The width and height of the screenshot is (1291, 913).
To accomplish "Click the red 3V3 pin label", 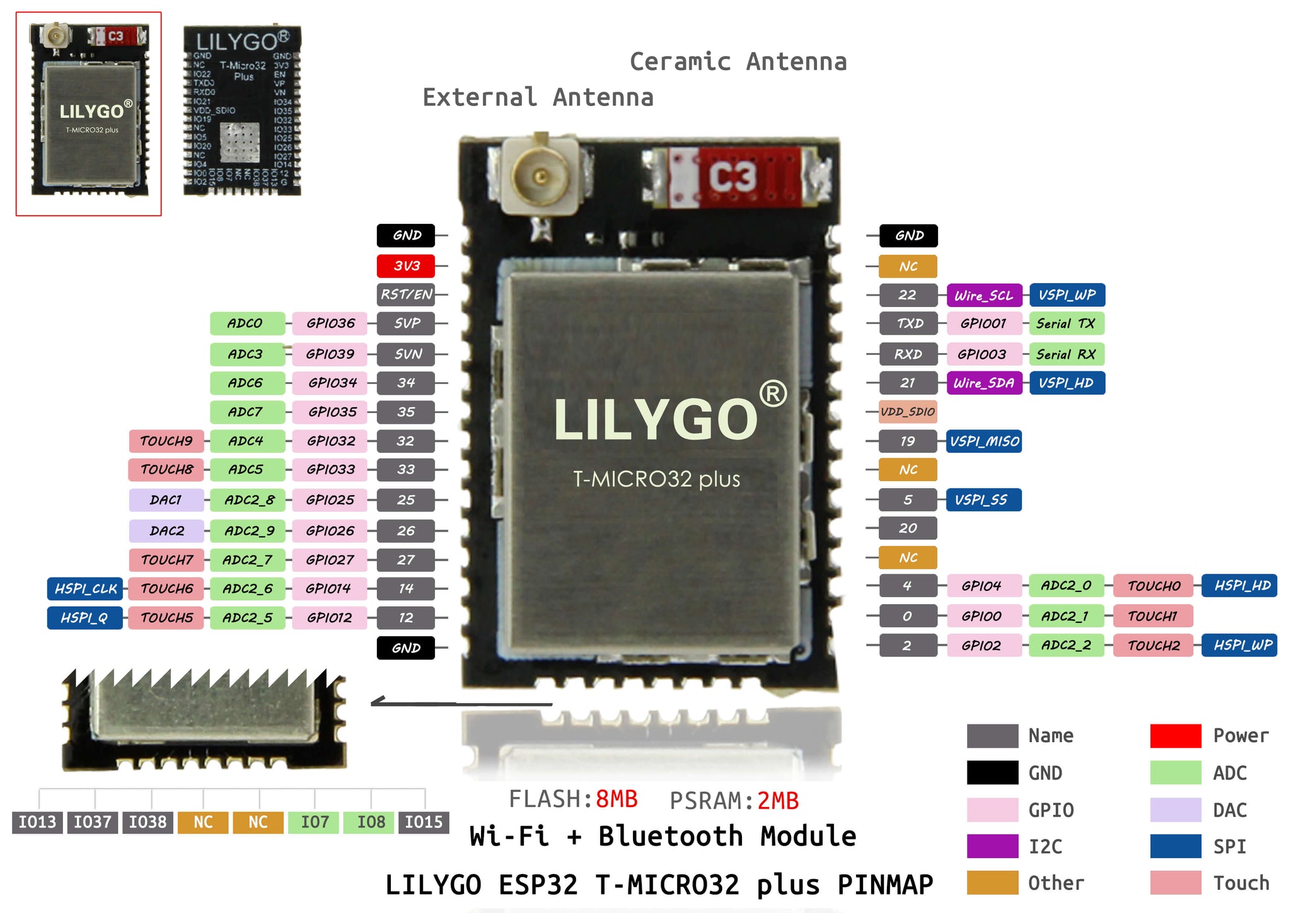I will click(x=406, y=266).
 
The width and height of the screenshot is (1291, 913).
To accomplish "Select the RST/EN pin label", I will click(x=406, y=294).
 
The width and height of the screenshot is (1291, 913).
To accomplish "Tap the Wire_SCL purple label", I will click(x=983, y=295).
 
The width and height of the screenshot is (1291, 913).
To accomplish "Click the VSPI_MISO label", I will click(x=983, y=441).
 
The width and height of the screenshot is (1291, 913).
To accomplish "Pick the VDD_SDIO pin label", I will click(x=908, y=412).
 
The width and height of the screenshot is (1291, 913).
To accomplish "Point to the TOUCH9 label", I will click(x=166, y=441).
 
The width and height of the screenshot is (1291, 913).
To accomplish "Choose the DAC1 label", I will click(x=166, y=500).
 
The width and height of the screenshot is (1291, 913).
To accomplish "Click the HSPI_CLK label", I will click(x=85, y=588).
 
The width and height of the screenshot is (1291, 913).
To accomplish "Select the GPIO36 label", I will click(x=330, y=323).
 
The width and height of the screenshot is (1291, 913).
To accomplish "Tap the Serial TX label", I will click(x=1066, y=323).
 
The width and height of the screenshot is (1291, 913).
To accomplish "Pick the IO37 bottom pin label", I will click(x=93, y=822).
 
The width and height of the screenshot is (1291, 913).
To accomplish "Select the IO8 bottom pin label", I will click(x=371, y=822).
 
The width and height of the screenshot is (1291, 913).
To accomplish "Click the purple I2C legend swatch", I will click(x=992, y=846).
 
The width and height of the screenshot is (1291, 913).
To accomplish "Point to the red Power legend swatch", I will click(x=1176, y=736).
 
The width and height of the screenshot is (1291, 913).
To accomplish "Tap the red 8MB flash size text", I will click(x=616, y=800).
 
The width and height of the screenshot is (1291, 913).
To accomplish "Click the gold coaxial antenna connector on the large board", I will click(x=540, y=176).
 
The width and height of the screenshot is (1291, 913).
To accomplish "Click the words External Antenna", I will click(x=538, y=98).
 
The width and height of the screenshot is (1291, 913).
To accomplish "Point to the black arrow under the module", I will click(x=460, y=702).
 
